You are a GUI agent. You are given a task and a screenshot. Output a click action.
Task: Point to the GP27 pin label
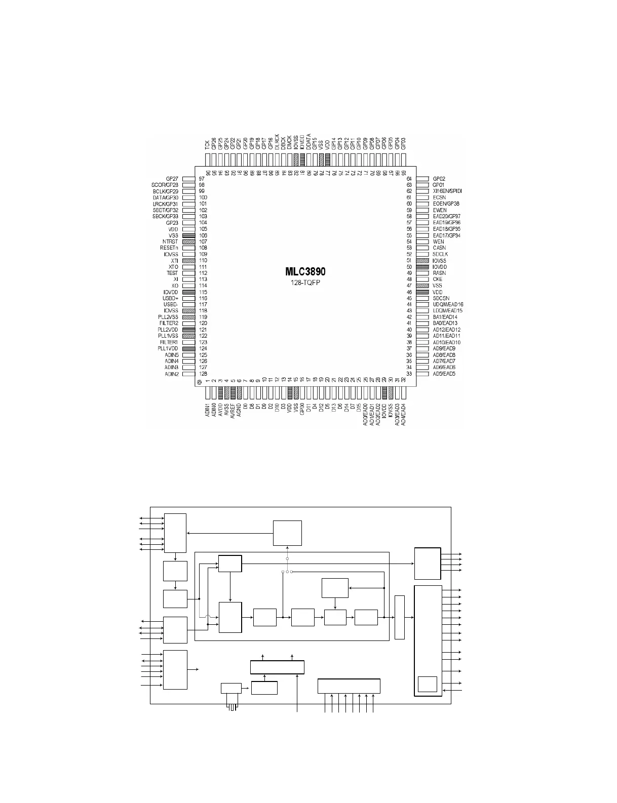[x=172, y=179]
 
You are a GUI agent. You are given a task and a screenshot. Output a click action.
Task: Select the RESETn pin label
[x=169, y=248]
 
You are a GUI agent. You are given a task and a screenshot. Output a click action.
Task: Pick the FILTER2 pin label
[x=169, y=323]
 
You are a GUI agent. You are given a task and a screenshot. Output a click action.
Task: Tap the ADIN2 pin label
[x=172, y=374]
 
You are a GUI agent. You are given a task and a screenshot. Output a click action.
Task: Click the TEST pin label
[x=172, y=273]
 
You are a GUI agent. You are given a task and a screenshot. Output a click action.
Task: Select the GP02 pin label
[x=439, y=179]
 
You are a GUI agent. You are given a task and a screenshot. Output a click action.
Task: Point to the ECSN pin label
[x=439, y=197]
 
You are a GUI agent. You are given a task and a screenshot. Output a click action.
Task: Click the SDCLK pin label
[x=440, y=254]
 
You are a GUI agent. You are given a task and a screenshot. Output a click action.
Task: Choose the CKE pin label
[x=438, y=279]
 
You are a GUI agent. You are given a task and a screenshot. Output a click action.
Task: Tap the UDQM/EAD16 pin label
[x=448, y=304]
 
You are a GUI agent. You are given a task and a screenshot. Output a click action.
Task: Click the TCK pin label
[x=207, y=145]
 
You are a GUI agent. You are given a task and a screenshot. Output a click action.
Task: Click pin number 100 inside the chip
[x=203, y=197]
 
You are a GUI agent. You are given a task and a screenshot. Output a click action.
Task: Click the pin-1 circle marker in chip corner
[x=200, y=382]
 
